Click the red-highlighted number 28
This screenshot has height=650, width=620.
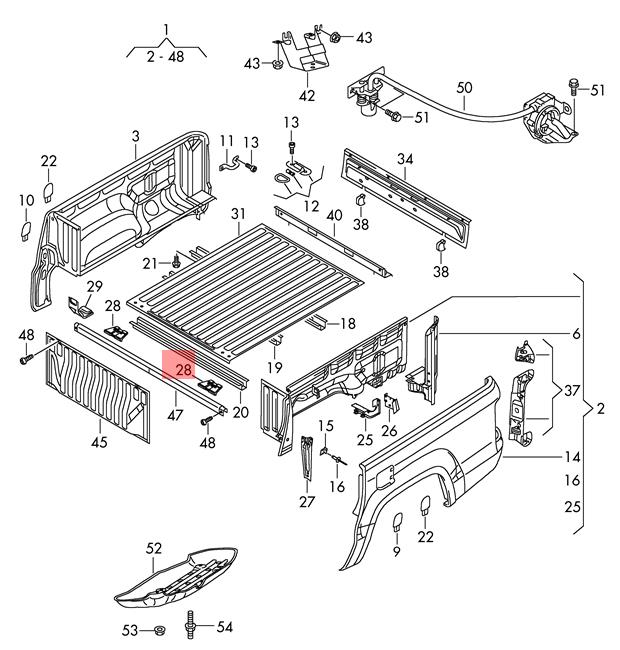point(184,370)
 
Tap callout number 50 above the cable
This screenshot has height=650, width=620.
point(464,88)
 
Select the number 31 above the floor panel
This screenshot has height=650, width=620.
point(238,214)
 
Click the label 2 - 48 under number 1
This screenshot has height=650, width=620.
point(165,56)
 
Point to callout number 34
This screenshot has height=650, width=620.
point(405,159)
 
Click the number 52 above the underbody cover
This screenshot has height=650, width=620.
point(154,548)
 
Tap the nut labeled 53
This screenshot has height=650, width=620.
point(158,631)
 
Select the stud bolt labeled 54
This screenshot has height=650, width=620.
point(191,625)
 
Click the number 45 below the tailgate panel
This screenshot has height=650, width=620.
point(99,442)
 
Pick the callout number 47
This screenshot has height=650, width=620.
point(175,415)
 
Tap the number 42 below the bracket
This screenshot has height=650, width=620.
point(307,96)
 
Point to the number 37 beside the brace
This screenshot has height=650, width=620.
point(571,390)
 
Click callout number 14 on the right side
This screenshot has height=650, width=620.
point(572,457)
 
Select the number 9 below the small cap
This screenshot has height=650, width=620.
point(397,551)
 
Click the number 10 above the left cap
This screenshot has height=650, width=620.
point(27,200)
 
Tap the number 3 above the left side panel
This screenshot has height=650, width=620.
point(136,136)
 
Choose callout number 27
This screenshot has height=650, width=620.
point(307,502)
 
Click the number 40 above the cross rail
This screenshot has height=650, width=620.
point(334,216)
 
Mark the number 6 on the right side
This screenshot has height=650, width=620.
point(576,334)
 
